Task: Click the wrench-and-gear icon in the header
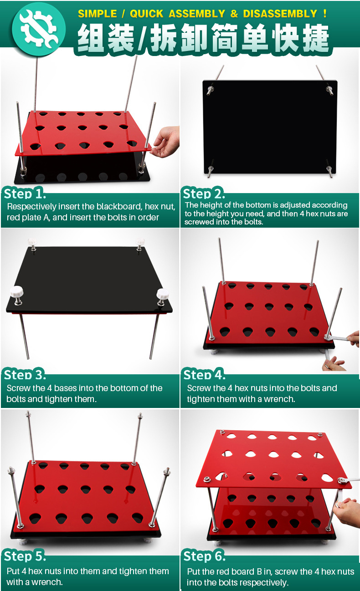39,29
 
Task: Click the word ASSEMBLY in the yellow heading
197,14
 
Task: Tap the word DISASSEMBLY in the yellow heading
280,14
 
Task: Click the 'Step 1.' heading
25,194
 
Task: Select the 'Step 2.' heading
204,194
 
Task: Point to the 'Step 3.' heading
25,375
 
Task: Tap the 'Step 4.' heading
205,375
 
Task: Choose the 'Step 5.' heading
25,556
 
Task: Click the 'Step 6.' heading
205,556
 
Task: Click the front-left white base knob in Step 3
17,293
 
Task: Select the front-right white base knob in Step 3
162,295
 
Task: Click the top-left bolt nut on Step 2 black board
211,90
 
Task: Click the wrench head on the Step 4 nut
328,337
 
